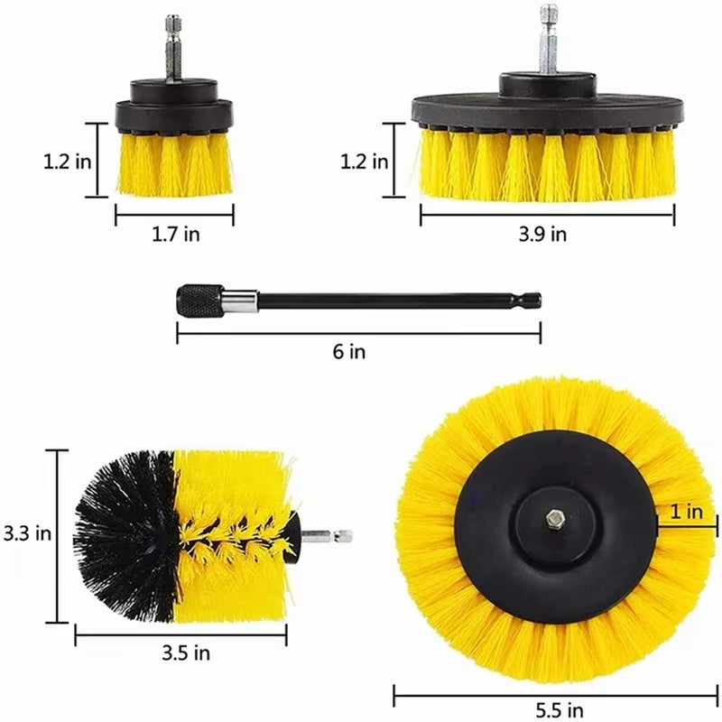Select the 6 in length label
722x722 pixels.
tap(349, 353)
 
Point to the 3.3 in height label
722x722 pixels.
tap(25, 533)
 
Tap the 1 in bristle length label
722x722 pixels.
tap(687, 512)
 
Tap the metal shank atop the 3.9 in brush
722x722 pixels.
tap(548, 41)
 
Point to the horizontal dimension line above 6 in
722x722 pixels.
tap(358, 333)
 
